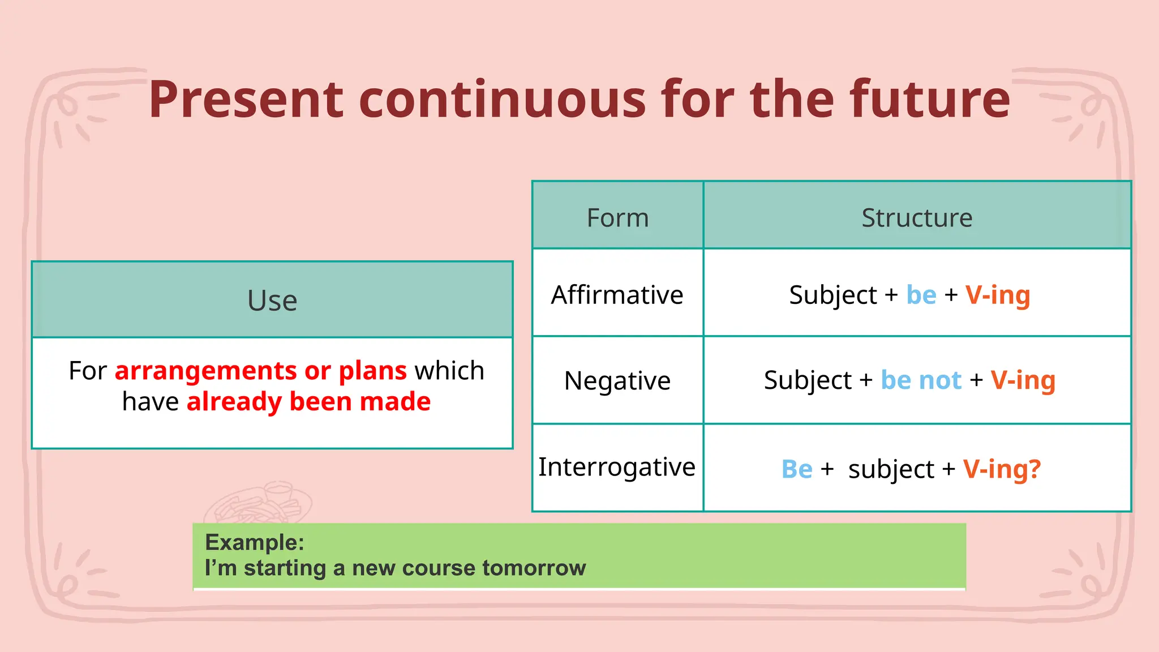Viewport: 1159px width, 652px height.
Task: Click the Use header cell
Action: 272,300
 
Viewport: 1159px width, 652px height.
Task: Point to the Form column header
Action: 617,218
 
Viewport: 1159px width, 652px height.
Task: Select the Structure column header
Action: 917,218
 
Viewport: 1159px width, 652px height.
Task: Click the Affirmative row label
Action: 617,295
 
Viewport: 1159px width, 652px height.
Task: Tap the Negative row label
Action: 617,380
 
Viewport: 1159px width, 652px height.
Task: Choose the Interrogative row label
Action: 617,467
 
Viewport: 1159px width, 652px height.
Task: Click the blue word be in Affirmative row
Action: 921,295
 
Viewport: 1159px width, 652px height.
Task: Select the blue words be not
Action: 921,380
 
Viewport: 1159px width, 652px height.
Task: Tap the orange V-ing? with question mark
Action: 1002,469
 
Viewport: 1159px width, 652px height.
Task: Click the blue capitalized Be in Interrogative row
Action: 797,469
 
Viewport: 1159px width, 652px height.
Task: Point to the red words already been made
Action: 308,402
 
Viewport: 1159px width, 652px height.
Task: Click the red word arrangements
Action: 205,371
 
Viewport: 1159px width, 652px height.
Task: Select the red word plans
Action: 372,371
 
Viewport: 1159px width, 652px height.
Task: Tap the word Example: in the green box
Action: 255,542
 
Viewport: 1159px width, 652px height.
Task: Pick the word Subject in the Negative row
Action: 808,380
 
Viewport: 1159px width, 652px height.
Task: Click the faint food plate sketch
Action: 257,503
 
